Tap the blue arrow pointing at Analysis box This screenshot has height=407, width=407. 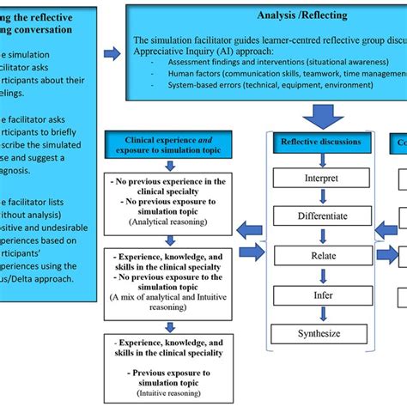pos(112,53)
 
